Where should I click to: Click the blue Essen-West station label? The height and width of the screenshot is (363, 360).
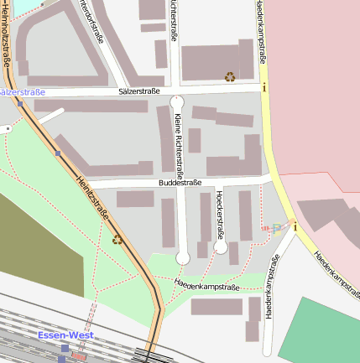[x=65, y=335]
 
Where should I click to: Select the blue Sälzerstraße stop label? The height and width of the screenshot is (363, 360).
[x=22, y=91]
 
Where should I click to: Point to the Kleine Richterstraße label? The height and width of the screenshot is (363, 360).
[x=178, y=138]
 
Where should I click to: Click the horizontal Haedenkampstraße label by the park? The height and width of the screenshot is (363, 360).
[x=207, y=287]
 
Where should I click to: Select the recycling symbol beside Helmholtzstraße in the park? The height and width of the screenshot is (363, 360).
[x=117, y=240]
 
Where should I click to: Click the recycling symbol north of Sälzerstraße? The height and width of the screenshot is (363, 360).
[x=229, y=76]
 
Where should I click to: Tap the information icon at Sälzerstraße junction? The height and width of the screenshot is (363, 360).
[x=264, y=86]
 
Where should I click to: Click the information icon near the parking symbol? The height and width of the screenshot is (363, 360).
[x=294, y=224]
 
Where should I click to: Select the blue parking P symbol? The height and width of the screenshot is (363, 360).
[x=277, y=227]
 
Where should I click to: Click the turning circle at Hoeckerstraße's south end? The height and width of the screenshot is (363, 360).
[x=220, y=247]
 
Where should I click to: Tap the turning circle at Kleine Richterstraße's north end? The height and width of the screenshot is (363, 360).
[x=176, y=101]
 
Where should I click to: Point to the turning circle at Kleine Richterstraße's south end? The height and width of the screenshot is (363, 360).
[x=183, y=257]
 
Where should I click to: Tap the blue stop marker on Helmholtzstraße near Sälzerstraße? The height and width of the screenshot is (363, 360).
[x=57, y=153]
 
